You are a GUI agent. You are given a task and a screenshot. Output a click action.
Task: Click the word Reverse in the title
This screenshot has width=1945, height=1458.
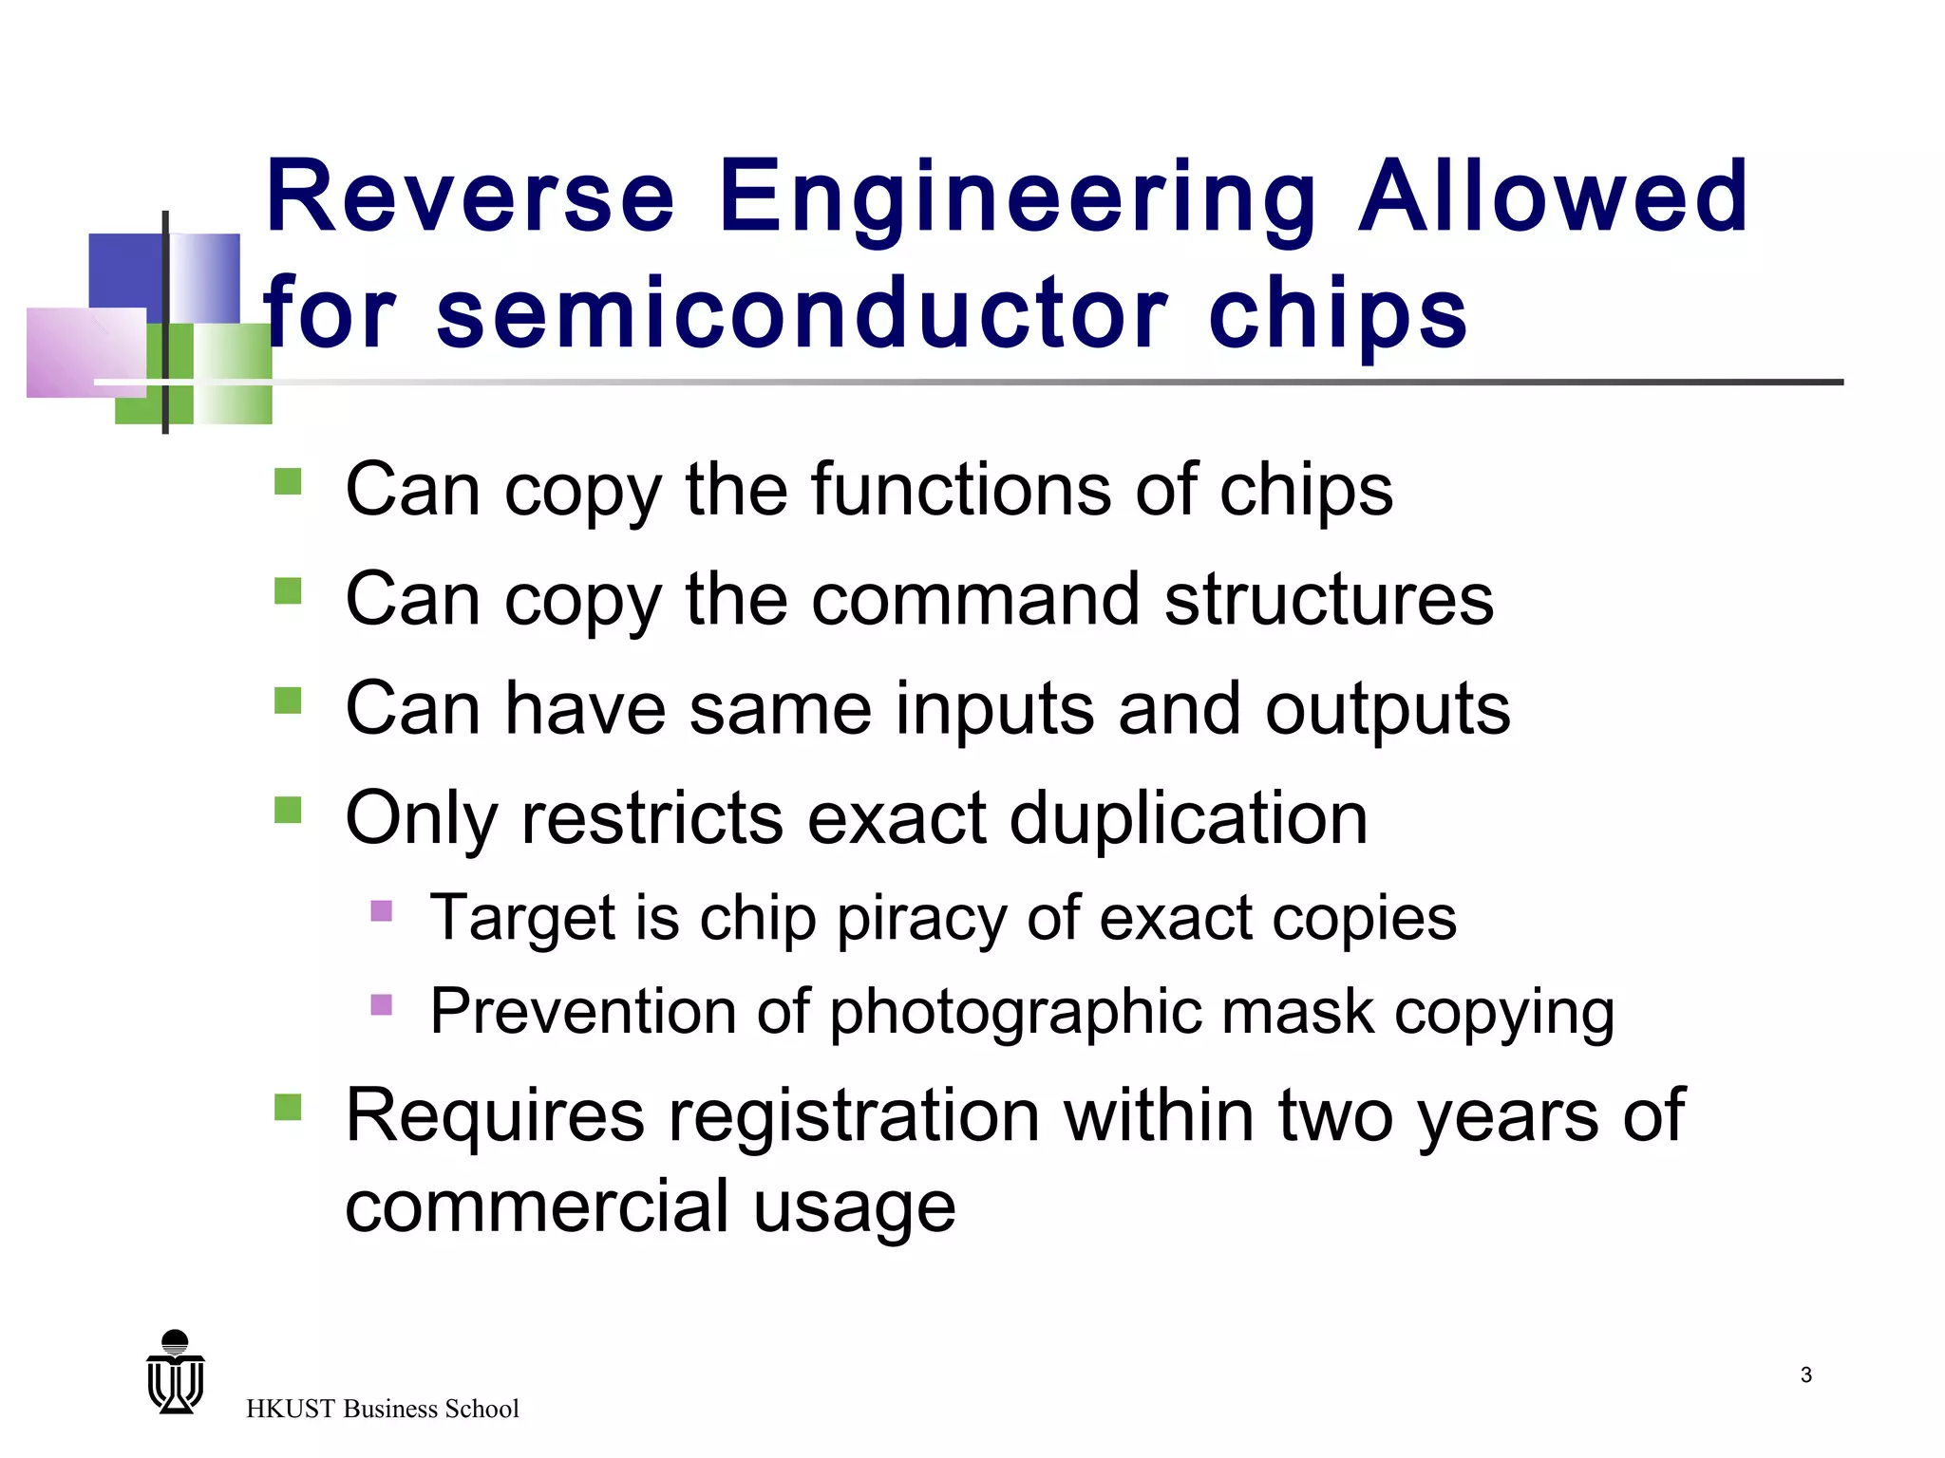(x=470, y=196)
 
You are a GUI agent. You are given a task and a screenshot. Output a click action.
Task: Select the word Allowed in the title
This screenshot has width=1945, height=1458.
(x=1554, y=196)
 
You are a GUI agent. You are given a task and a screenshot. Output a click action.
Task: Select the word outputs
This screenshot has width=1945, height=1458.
(x=1387, y=711)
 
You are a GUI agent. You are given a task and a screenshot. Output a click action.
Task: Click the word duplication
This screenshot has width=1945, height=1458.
(x=1188, y=818)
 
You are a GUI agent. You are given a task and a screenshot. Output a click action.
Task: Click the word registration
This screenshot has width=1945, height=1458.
(x=854, y=1116)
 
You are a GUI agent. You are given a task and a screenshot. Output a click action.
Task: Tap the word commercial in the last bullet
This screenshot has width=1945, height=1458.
(x=538, y=1206)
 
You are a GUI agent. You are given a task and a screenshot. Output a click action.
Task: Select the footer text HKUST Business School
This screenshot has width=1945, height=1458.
(x=382, y=1409)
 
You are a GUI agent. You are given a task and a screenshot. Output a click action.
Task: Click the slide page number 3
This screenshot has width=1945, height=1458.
(x=1805, y=1374)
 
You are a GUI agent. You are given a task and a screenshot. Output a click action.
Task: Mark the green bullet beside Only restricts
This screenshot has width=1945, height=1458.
(x=288, y=810)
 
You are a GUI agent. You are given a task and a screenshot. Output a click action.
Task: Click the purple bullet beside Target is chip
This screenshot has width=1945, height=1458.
(x=381, y=911)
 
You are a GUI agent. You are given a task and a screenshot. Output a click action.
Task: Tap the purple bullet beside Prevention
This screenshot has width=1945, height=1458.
(x=381, y=1004)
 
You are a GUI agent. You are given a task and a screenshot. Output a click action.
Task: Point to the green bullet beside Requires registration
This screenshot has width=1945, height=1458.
(x=288, y=1107)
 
